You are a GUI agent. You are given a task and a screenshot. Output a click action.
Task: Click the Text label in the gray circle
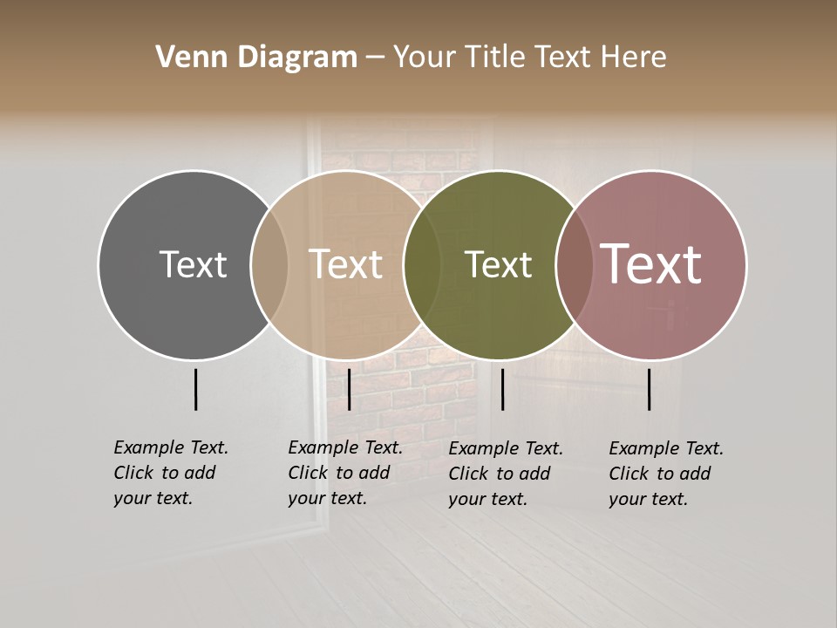click(x=193, y=264)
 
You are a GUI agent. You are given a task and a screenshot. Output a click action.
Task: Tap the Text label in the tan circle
click(x=346, y=264)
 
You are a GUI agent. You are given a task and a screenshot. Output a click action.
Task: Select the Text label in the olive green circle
click(x=499, y=264)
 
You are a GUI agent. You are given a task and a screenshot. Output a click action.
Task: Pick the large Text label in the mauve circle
click(x=651, y=264)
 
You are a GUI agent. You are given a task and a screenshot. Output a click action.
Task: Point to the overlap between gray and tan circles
click(x=269, y=265)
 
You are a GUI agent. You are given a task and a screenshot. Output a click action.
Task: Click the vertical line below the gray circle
click(x=196, y=389)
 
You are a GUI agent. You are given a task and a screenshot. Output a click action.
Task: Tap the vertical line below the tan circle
click(x=349, y=389)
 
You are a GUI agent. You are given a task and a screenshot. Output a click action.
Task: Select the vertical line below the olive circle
click(x=503, y=389)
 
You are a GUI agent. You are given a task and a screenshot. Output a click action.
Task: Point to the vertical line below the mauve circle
click(x=650, y=389)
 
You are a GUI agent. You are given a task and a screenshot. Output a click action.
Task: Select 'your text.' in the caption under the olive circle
click(x=487, y=500)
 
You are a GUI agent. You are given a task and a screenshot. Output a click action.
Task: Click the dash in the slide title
click(x=375, y=58)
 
